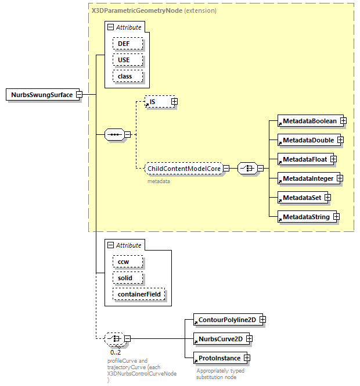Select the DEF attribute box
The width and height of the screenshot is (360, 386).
pos(124,44)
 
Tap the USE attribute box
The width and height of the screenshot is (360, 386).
pos(124,60)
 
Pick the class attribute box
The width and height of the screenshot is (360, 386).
pos(124,76)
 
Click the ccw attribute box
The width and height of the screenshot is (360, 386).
pos(124,262)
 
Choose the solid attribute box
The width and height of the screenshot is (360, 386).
pos(125,278)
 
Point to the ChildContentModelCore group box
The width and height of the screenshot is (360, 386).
pos(184,169)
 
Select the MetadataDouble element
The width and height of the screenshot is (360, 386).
pos(307,140)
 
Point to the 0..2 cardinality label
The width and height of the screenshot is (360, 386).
pos(116,352)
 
